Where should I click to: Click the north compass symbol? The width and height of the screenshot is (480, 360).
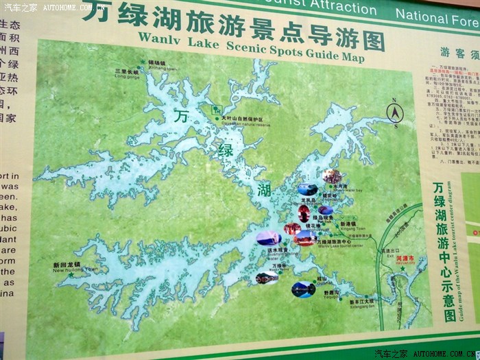point(395,112)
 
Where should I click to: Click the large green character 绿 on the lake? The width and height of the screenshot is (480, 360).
point(226,150)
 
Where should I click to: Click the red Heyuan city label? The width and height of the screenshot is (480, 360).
point(408,249)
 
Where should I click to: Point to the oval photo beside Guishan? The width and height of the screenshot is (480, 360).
point(302,289)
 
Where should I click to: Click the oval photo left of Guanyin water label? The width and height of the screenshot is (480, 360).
point(268,239)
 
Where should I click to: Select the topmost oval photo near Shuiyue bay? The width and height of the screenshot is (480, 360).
point(333,177)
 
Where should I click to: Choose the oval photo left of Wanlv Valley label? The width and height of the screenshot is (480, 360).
point(267,278)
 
